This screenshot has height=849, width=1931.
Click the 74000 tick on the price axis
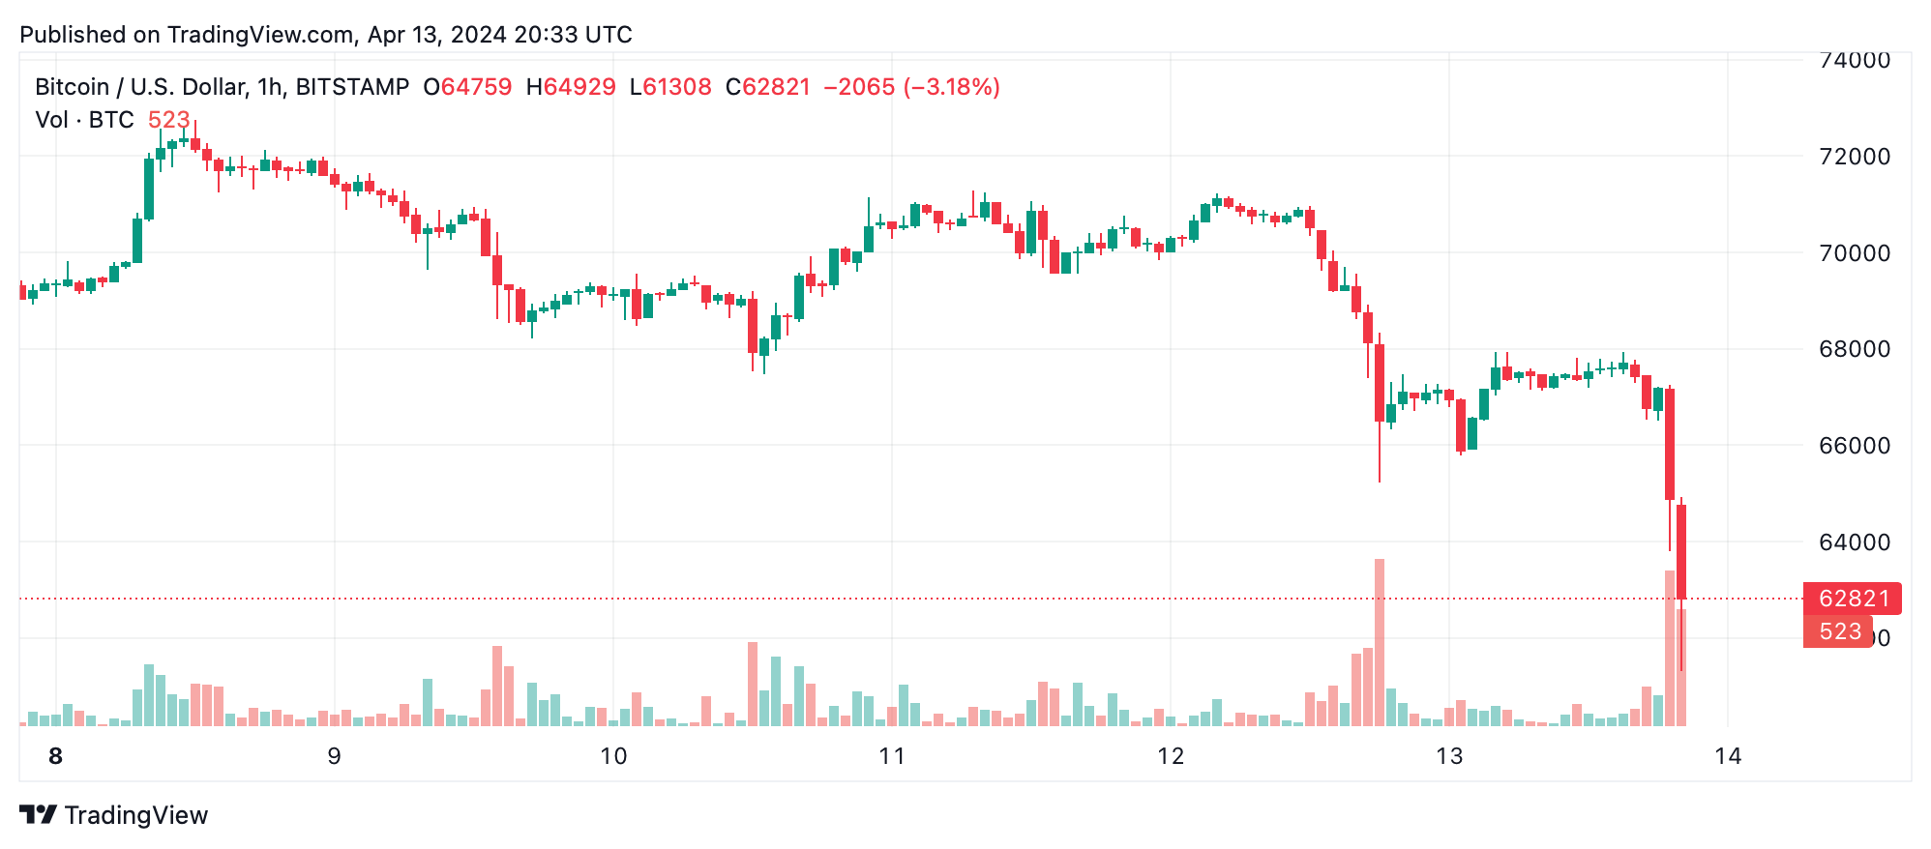(x=1854, y=60)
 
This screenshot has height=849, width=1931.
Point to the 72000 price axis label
(x=1854, y=157)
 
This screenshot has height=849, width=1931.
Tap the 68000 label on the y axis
(x=1854, y=349)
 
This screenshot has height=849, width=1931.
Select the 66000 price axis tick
(x=1854, y=446)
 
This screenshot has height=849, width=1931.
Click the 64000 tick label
(x=1854, y=542)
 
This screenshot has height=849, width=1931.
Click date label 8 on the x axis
(x=55, y=756)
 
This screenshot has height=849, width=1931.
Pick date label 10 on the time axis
(x=613, y=756)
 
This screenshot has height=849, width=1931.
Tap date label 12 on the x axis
(x=1171, y=756)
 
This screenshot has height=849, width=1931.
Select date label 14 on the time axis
(x=1728, y=756)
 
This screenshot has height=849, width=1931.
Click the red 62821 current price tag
(x=1853, y=599)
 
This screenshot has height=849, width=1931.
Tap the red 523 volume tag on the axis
(x=1838, y=631)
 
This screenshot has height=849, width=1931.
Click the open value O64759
(x=468, y=87)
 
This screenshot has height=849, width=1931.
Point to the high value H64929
(x=571, y=87)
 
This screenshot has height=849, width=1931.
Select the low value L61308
(x=670, y=87)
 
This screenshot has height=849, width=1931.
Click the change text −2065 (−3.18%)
(x=911, y=87)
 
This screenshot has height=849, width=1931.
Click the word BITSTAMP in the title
(x=352, y=87)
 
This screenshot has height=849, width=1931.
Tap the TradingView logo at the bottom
(x=114, y=815)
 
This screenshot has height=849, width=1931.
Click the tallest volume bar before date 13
(x=1380, y=642)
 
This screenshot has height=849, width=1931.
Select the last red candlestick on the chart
(x=1681, y=551)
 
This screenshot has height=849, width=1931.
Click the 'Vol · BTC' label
(x=85, y=120)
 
